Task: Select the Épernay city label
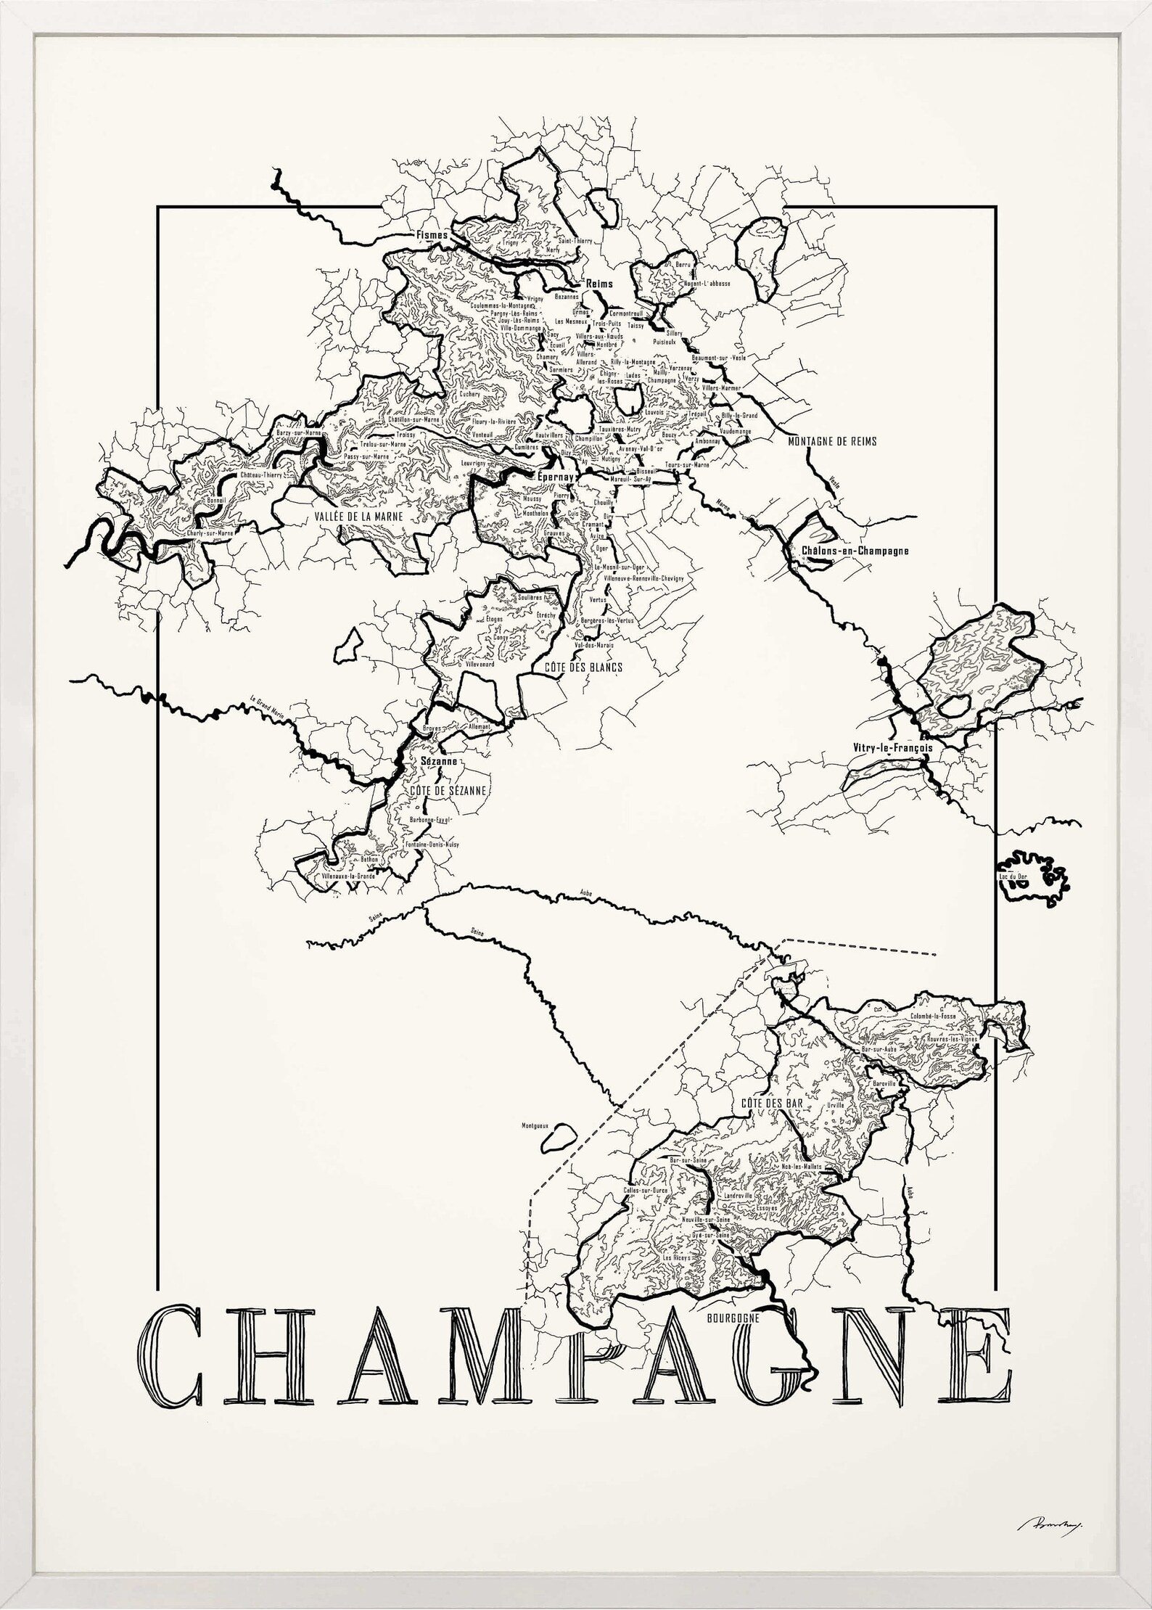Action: click(x=554, y=477)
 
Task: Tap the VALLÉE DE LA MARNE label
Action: click(x=358, y=516)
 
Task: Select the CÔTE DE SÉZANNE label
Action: click(x=448, y=790)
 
